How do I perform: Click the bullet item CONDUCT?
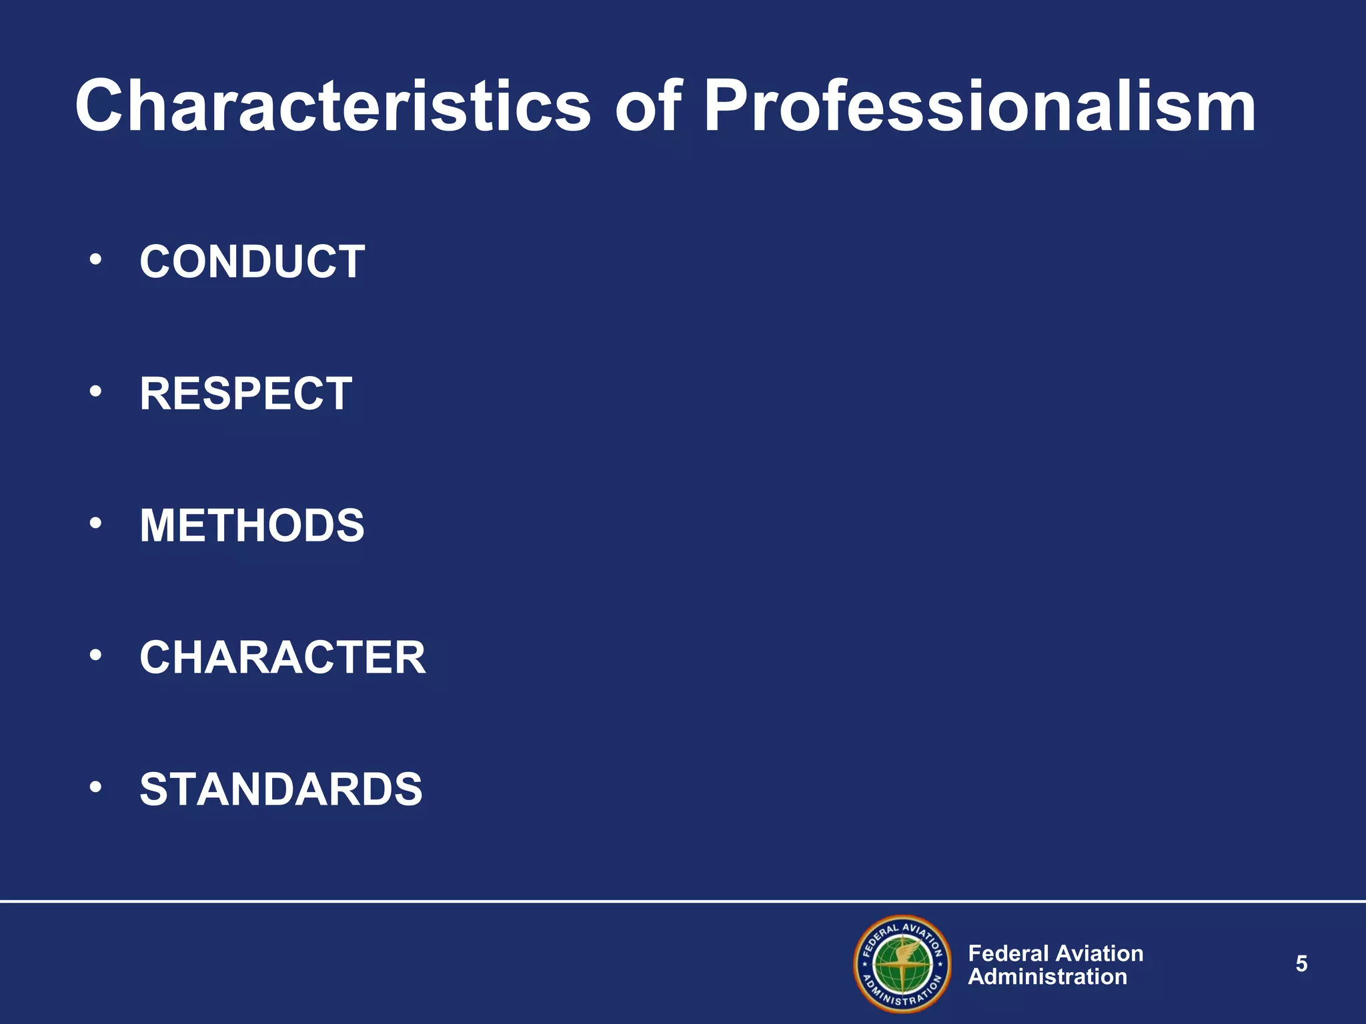tap(252, 261)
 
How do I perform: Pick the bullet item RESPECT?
tap(245, 393)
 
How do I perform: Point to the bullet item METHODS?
tap(252, 525)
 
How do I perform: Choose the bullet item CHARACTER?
tap(282, 657)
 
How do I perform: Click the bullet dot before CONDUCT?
tap(96, 259)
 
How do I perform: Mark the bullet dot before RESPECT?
tap(96, 391)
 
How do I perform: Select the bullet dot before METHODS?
tap(96, 523)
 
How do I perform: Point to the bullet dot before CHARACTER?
tap(96, 655)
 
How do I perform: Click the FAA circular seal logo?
tap(902, 964)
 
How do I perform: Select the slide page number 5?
tap(1301, 964)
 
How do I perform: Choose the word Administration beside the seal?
tap(1047, 977)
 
